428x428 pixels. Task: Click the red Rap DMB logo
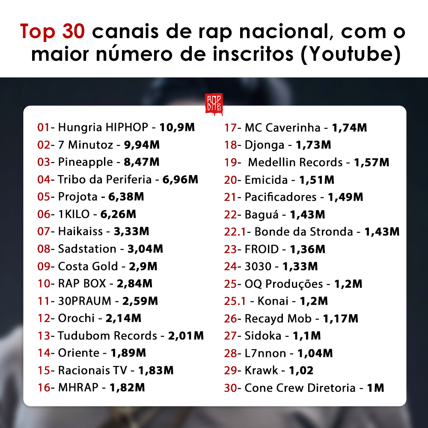214,104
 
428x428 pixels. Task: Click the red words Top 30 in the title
52,31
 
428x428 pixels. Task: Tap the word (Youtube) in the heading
351,54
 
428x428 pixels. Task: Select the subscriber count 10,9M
177,127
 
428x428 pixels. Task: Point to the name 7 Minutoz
86,145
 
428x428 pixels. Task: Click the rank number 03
44,162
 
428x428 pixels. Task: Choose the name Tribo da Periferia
104,179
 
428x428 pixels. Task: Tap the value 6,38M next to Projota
126,196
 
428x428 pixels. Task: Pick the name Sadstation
87,249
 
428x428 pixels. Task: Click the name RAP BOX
82,283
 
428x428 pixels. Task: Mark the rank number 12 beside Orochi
44,318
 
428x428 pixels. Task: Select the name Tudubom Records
107,336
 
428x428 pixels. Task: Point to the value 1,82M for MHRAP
127,388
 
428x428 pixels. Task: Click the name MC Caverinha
282,128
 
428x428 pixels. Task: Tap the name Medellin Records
295,162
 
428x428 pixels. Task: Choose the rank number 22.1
235,232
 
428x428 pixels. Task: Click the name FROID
262,249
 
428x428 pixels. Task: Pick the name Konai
273,301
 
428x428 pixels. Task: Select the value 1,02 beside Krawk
301,370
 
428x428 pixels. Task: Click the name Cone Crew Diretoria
300,388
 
